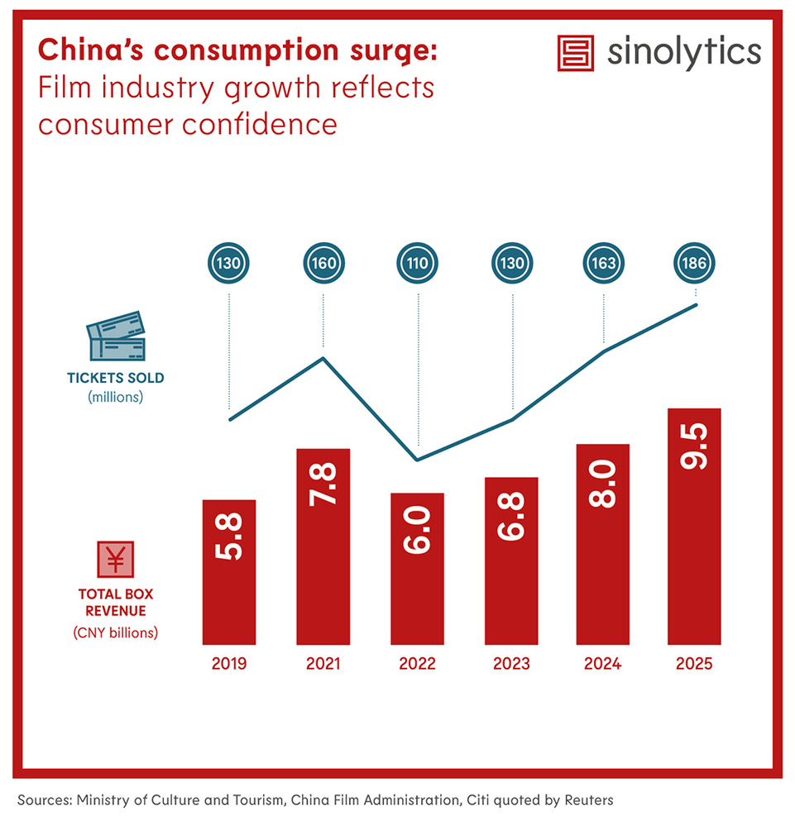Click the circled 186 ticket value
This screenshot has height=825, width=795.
[695, 265]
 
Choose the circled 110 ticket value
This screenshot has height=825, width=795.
[418, 265]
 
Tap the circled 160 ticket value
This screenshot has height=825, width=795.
[323, 265]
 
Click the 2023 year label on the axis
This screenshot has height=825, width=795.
[511, 663]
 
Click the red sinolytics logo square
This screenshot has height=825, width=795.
[576, 52]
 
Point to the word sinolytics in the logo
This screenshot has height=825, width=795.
[683, 51]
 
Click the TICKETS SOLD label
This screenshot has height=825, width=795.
[116, 379]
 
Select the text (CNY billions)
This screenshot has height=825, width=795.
[116, 633]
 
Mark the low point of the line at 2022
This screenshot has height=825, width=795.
[418, 460]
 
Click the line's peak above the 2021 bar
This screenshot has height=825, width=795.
[323, 358]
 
